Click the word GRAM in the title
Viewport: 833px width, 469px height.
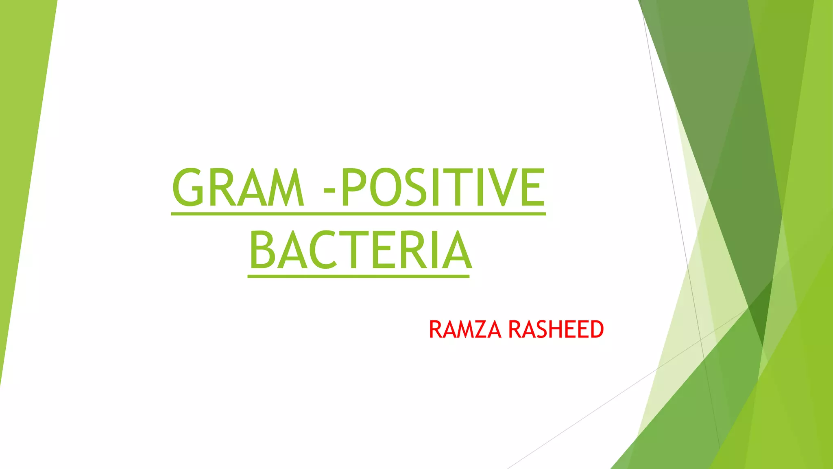pos(238,187)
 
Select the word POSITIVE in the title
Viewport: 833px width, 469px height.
pos(443,187)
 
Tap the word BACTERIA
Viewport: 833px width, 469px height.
pos(360,250)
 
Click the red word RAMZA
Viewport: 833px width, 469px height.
pos(464,329)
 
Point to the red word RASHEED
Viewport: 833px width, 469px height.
pos(556,329)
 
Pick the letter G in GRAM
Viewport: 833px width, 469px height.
pos(188,187)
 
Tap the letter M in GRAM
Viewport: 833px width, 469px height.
pos(285,187)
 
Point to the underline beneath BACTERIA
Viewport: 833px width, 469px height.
pos(358,276)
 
